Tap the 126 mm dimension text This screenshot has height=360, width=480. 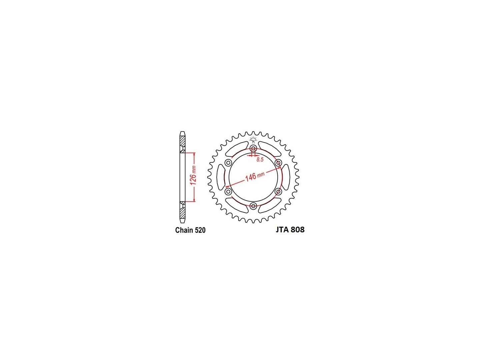(193, 175)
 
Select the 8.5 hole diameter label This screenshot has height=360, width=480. (260, 160)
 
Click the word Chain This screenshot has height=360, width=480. (184, 230)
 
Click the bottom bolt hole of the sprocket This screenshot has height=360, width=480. (253, 206)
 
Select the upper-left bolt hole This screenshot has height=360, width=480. (228, 163)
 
